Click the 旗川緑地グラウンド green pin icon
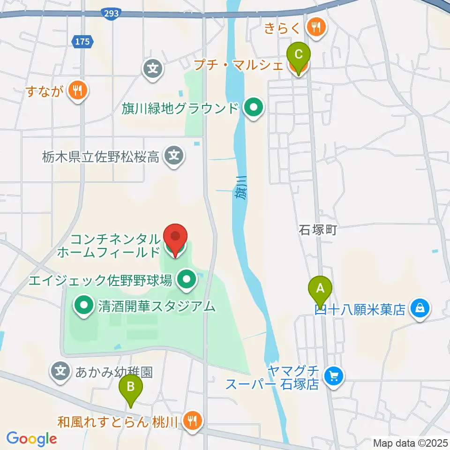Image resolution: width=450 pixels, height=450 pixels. [254, 109]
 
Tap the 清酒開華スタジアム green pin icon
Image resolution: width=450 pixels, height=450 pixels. [84, 307]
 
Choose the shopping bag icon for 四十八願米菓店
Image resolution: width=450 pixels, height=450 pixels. [420, 309]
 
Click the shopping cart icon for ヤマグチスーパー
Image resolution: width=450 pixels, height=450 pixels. [334, 375]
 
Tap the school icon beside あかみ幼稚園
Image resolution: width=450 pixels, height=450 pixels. [61, 372]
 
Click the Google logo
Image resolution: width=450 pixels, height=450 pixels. [31, 439]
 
